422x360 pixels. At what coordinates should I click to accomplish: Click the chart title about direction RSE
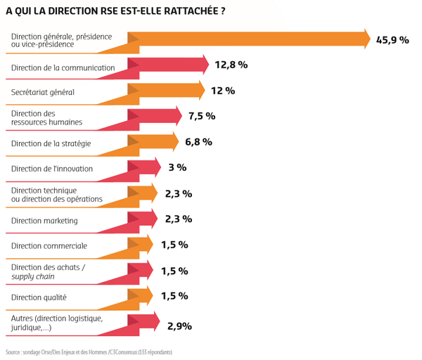115,11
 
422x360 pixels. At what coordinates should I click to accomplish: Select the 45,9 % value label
392,40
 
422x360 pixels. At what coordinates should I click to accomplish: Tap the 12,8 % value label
231,65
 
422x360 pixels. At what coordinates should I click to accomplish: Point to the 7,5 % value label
202,116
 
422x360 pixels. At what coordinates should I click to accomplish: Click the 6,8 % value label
198,142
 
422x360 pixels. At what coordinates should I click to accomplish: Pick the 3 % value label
177,167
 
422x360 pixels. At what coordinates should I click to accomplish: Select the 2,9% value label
179,326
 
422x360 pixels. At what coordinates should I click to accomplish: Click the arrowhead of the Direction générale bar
368,39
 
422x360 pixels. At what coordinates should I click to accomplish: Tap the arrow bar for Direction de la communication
168,65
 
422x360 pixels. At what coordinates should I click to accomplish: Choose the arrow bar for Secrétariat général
166,90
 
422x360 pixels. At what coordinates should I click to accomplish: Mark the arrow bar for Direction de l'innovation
144,167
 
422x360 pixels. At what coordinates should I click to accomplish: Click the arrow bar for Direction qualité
140,296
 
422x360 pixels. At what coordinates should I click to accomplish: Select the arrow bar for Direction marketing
143,219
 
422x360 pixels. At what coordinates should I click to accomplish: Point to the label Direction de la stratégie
51,143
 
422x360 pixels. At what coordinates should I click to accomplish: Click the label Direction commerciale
49,246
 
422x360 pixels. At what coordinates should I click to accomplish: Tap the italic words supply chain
33,276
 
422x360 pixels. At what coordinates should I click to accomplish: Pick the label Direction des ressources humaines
46,118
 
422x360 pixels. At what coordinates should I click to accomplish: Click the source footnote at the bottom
89,352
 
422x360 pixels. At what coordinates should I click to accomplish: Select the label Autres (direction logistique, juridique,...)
57,323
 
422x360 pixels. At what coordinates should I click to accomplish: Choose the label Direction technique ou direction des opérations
57,195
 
